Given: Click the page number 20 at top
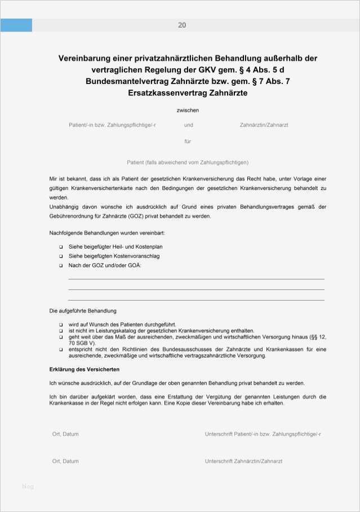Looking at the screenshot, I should pyautogui.click(x=182, y=25).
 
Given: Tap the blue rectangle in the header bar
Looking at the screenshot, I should pyautogui.click(x=16, y=25).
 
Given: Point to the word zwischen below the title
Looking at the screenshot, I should pyautogui.click(x=188, y=111).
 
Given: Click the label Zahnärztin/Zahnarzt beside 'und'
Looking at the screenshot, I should pyautogui.click(x=264, y=125).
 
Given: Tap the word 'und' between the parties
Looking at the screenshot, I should pyautogui.click(x=188, y=125).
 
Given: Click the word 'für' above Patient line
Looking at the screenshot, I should pyautogui.click(x=188, y=142).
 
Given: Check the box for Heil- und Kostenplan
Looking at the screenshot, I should pyautogui.click(x=61, y=247).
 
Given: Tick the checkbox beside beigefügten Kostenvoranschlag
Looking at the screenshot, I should pyautogui.click(x=61, y=256).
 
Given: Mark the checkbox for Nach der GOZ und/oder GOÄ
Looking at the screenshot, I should pyautogui.click(x=61, y=265).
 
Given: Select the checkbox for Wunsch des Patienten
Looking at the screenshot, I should pyautogui.click(x=61, y=325).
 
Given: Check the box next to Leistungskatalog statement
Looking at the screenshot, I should pyautogui.click(x=61, y=330).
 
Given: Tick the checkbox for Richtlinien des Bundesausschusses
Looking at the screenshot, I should pyautogui.click(x=61, y=350).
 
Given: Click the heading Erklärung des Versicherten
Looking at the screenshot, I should pyautogui.click(x=84, y=369).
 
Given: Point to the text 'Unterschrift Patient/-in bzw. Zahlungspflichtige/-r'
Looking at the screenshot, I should pyautogui.click(x=263, y=434).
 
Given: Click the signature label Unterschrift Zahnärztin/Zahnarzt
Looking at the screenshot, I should pyautogui.click(x=243, y=461).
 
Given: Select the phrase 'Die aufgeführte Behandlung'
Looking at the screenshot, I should pyautogui.click(x=83, y=311).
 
